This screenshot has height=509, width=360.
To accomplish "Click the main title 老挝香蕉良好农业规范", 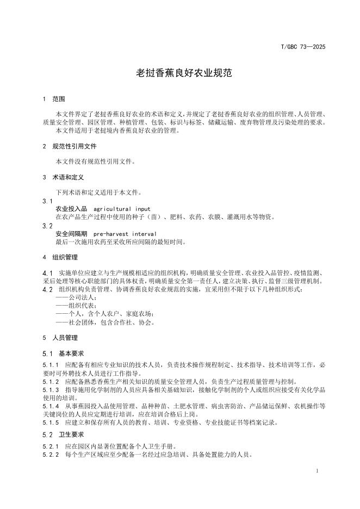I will tap(180, 72).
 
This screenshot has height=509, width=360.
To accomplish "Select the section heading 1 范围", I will tap(54, 100).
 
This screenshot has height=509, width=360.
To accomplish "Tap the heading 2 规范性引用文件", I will tap(69, 146).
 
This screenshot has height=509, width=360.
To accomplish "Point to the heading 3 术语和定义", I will tap(63, 177).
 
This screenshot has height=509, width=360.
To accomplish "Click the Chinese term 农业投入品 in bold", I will tap(71, 209).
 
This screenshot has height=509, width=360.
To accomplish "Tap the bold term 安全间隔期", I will tap(71, 233).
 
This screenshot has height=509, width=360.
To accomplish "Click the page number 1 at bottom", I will tap(316, 470).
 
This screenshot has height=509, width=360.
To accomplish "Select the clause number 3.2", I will tap(47, 225).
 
